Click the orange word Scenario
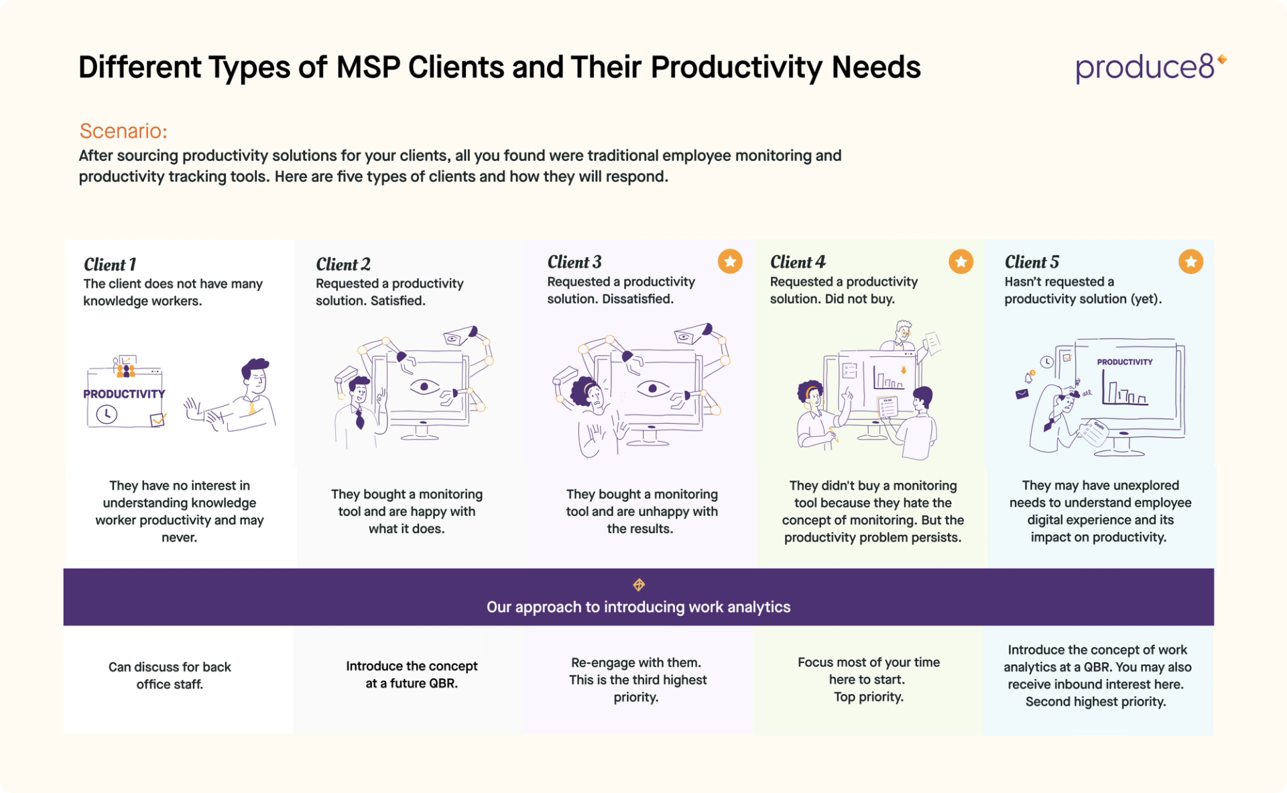click(x=123, y=131)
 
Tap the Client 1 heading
click(x=110, y=264)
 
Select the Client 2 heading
click(x=343, y=264)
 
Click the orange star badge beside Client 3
click(x=730, y=261)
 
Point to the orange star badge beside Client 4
click(x=961, y=262)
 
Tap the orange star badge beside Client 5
click(x=1190, y=262)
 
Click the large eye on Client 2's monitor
click(x=424, y=387)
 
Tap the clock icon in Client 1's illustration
click(x=107, y=415)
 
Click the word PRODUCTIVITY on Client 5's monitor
click(x=1124, y=362)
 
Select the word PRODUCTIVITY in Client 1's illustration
click(x=124, y=394)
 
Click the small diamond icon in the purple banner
click(x=639, y=585)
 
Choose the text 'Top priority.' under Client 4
click(x=868, y=697)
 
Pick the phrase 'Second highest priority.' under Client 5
click(x=1095, y=702)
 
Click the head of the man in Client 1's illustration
click(x=255, y=376)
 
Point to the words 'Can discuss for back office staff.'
click(x=170, y=676)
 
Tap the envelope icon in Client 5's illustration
click(x=1022, y=394)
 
